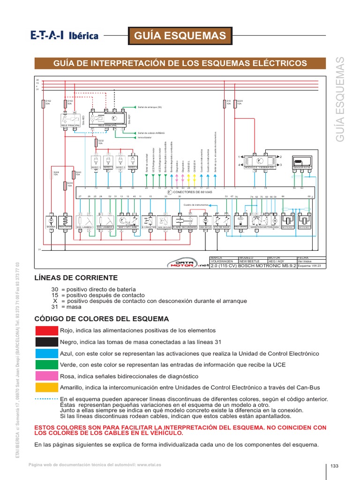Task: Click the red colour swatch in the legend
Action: coord(46,330)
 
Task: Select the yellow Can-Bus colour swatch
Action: coord(46,387)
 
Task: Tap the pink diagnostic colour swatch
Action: coord(46,376)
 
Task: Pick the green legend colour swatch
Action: coord(46,365)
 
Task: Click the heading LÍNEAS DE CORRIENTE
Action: coord(76,277)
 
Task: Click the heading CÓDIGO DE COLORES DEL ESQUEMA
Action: coord(102,319)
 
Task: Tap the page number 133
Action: coord(334,465)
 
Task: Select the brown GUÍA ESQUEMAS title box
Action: coord(180,36)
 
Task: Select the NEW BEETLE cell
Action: coord(252,261)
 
